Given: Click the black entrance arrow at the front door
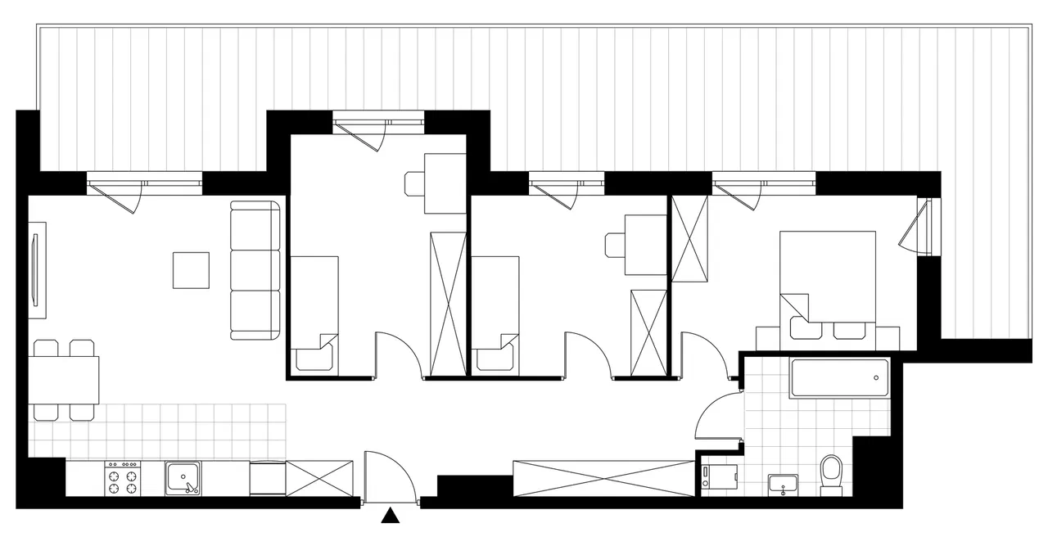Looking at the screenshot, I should [x=392, y=516].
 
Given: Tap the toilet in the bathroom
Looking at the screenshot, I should [x=831, y=475].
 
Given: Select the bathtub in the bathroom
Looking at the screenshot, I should [x=839, y=378].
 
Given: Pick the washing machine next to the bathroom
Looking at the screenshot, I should [x=720, y=476].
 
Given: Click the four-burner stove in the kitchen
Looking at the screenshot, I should [x=122, y=477].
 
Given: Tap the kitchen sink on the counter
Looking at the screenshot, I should [x=183, y=477].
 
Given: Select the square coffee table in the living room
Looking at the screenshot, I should [x=191, y=270].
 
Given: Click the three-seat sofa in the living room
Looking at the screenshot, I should [x=255, y=270].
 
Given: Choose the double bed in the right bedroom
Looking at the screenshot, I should [x=828, y=278].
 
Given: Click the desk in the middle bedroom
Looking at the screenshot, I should [x=645, y=244].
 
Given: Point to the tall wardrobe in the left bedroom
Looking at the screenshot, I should [x=447, y=304].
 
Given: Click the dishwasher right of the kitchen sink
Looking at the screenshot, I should [x=267, y=477].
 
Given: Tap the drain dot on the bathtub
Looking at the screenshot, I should [x=876, y=378].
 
